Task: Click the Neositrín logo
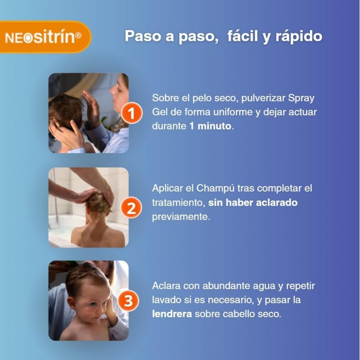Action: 43,37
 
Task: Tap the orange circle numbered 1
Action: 131,113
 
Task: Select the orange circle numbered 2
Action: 131,208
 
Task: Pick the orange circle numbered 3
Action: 128,301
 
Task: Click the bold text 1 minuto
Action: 210,126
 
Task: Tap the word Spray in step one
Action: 301,99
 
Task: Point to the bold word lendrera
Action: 172,314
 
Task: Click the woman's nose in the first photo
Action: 112,90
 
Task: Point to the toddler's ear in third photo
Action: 72,303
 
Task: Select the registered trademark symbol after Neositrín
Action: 78,36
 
